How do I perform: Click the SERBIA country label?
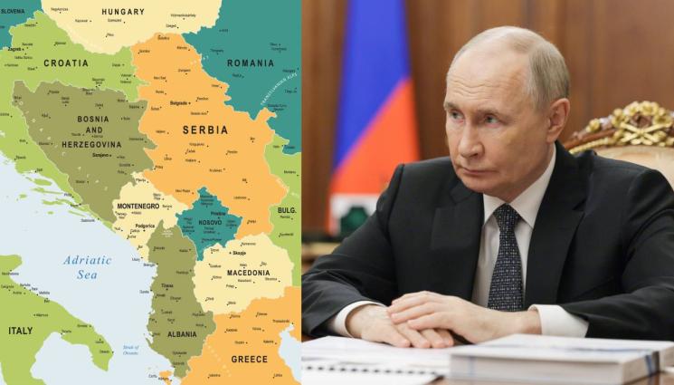(x=204, y=130)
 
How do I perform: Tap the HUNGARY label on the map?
(x=123, y=12)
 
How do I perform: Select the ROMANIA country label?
(x=250, y=63)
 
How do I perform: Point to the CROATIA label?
(x=66, y=63)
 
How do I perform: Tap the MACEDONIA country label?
(x=247, y=272)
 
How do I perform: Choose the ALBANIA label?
(x=182, y=333)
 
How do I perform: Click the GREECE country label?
(x=249, y=358)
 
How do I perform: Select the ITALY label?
(x=20, y=331)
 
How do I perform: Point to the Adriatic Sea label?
(x=86, y=266)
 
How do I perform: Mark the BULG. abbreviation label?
(x=286, y=209)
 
